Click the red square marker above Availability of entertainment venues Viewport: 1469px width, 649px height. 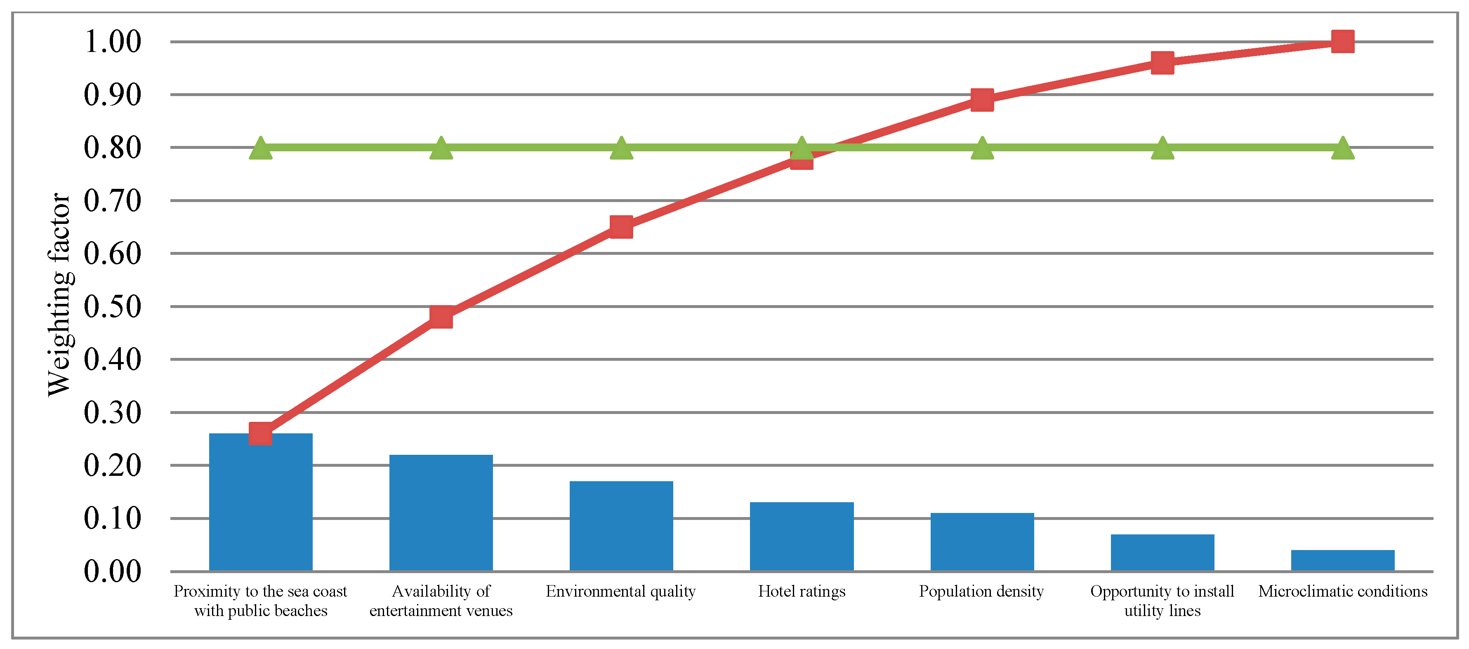[441, 317]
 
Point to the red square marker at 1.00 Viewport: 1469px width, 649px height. [1342, 42]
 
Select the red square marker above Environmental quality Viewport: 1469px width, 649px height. [621, 227]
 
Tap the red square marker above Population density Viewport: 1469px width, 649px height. [981, 100]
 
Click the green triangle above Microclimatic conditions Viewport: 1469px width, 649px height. [1342, 149]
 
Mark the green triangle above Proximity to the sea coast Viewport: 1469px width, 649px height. [261, 149]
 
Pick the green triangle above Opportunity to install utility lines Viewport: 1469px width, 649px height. [1162, 149]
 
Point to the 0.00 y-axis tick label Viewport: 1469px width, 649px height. [112, 571]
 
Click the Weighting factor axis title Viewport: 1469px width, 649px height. [59, 294]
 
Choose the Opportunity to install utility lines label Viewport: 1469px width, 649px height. [1162, 601]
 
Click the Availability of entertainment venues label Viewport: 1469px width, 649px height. [441, 601]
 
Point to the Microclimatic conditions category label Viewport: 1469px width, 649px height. [1342, 591]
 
